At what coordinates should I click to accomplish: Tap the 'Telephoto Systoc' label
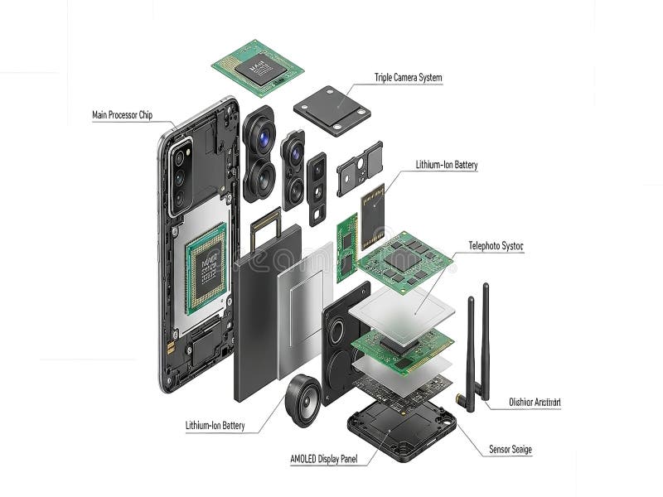[496, 246]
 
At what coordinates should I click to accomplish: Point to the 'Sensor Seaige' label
[511, 450]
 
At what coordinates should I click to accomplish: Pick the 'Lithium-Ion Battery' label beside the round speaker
[215, 426]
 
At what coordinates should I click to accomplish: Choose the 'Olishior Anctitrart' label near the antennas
[535, 403]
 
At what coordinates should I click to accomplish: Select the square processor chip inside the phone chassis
[205, 261]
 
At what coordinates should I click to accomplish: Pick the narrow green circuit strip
[346, 244]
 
